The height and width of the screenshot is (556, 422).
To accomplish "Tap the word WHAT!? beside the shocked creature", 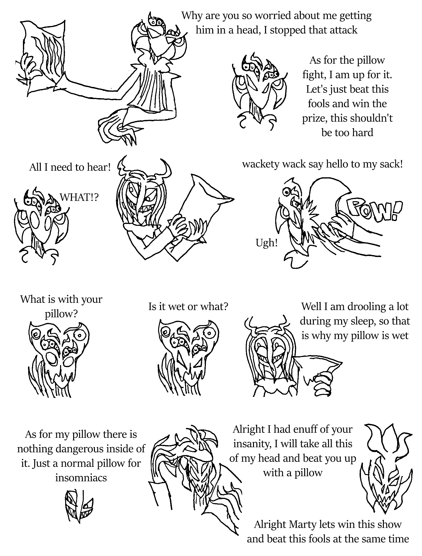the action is click(79, 198).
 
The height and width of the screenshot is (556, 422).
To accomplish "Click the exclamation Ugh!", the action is click(267, 243).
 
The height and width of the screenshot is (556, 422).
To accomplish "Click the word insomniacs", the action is click(81, 478).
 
